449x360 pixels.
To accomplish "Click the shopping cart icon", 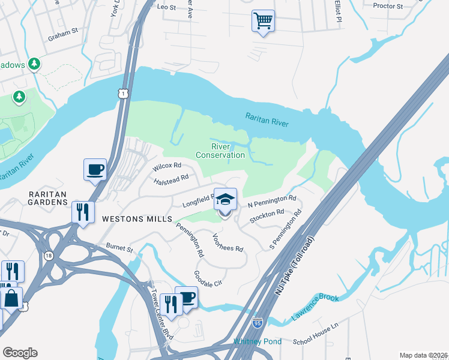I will [x=263, y=21].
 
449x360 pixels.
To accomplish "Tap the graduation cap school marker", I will [x=225, y=200].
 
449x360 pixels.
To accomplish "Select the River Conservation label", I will [x=228, y=151].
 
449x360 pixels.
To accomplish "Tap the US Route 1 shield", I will [x=122, y=94].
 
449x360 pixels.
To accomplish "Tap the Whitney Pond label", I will [x=257, y=341].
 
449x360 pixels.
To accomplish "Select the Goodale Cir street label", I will [x=208, y=278].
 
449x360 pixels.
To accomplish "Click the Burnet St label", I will [x=119, y=247].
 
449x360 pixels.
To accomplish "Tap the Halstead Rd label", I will [x=171, y=179].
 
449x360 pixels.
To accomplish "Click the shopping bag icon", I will [x=11, y=298].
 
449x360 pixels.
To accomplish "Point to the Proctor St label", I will [x=387, y=6].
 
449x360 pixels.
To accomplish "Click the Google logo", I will [x=19, y=353].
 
